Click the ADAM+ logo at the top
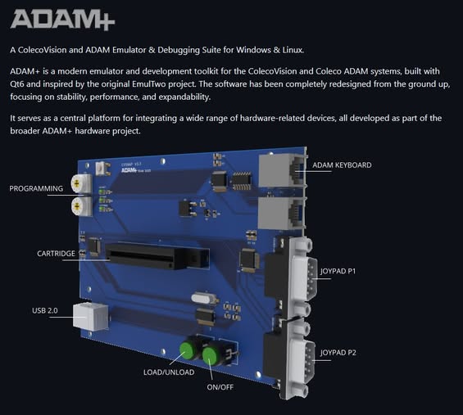(62, 20)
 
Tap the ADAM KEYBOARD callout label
(342, 165)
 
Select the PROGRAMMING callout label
(36, 188)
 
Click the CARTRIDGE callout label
(56, 254)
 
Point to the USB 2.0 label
(45, 310)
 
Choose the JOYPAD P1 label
(338, 271)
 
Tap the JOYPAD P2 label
(338, 353)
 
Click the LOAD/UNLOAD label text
(169, 372)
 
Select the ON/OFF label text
(220, 387)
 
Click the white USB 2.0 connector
(90, 317)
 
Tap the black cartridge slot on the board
(157, 255)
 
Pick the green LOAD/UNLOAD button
(187, 350)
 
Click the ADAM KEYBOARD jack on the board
(283, 170)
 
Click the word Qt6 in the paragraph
(17, 84)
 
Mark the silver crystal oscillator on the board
(205, 298)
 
